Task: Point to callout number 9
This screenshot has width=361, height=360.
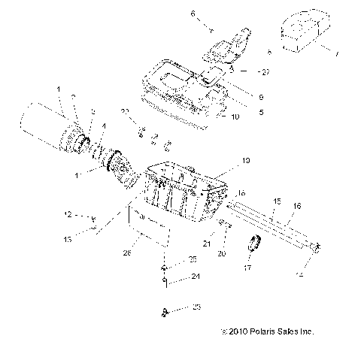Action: [x=260, y=96]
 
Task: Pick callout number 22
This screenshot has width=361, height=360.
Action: [x=126, y=111]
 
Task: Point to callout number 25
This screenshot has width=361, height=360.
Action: [x=193, y=259]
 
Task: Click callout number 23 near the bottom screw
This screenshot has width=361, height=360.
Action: [x=196, y=307]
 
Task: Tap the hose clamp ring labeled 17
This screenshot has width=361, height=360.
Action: [x=255, y=245]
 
